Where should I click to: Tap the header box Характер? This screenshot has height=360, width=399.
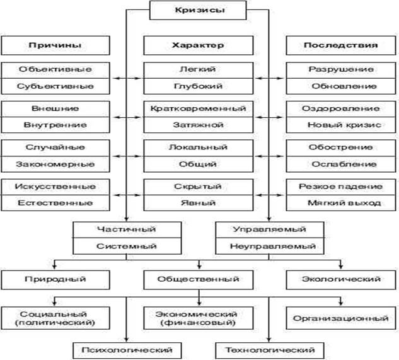[x=198, y=46]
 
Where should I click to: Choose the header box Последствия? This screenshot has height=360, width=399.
[x=341, y=46]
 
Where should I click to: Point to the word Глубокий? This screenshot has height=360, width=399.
[x=198, y=86]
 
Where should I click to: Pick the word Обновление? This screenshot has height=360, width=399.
[x=341, y=86]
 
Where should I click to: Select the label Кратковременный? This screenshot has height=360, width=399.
[x=198, y=109]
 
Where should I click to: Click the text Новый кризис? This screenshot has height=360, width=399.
[x=341, y=125]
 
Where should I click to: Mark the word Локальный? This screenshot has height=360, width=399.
[x=198, y=148]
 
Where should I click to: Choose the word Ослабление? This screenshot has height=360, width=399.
[x=341, y=164]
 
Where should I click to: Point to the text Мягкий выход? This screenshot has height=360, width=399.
[x=341, y=203]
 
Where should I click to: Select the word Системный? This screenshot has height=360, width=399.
[x=126, y=246]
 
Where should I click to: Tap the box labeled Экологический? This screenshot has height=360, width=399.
[x=341, y=278]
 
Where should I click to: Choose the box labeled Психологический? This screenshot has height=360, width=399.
[x=126, y=349]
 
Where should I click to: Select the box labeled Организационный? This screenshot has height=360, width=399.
[x=341, y=318]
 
